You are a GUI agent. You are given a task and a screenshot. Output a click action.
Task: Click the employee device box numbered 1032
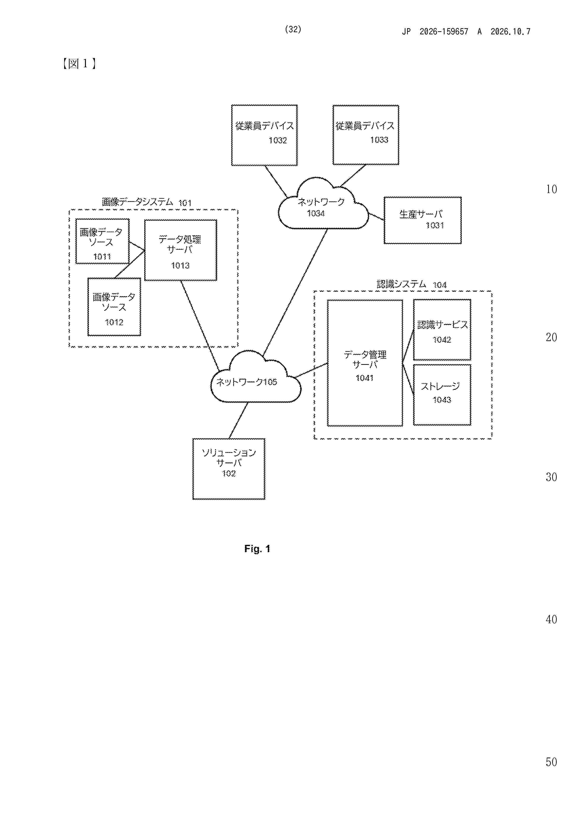264,135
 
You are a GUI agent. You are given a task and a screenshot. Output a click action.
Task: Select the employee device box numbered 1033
366,135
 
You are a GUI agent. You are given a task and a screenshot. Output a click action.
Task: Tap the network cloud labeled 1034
323,204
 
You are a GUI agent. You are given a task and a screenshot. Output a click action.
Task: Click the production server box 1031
422,220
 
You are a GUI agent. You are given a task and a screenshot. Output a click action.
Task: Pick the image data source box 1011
102,241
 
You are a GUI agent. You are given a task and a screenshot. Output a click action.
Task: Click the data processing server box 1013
180,250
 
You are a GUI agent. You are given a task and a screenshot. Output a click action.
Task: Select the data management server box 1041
365,363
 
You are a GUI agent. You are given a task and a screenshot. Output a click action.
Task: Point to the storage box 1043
442,394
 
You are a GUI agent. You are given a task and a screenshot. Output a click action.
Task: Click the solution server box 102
229,469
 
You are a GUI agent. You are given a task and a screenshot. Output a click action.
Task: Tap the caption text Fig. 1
257,549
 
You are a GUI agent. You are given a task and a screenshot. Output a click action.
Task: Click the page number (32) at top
293,29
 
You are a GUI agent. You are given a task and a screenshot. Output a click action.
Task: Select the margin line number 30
551,477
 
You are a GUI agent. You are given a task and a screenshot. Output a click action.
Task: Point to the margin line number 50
551,762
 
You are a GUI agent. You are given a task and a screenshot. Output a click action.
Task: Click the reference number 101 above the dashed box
185,203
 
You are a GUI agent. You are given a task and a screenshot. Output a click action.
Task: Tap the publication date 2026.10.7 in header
510,32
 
